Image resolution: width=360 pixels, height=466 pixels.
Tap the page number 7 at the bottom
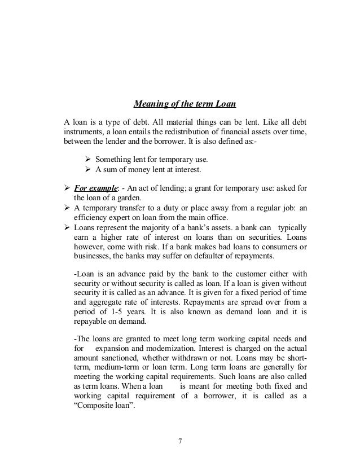[x=180, y=441]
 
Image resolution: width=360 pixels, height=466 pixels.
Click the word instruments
[x=84, y=131]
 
